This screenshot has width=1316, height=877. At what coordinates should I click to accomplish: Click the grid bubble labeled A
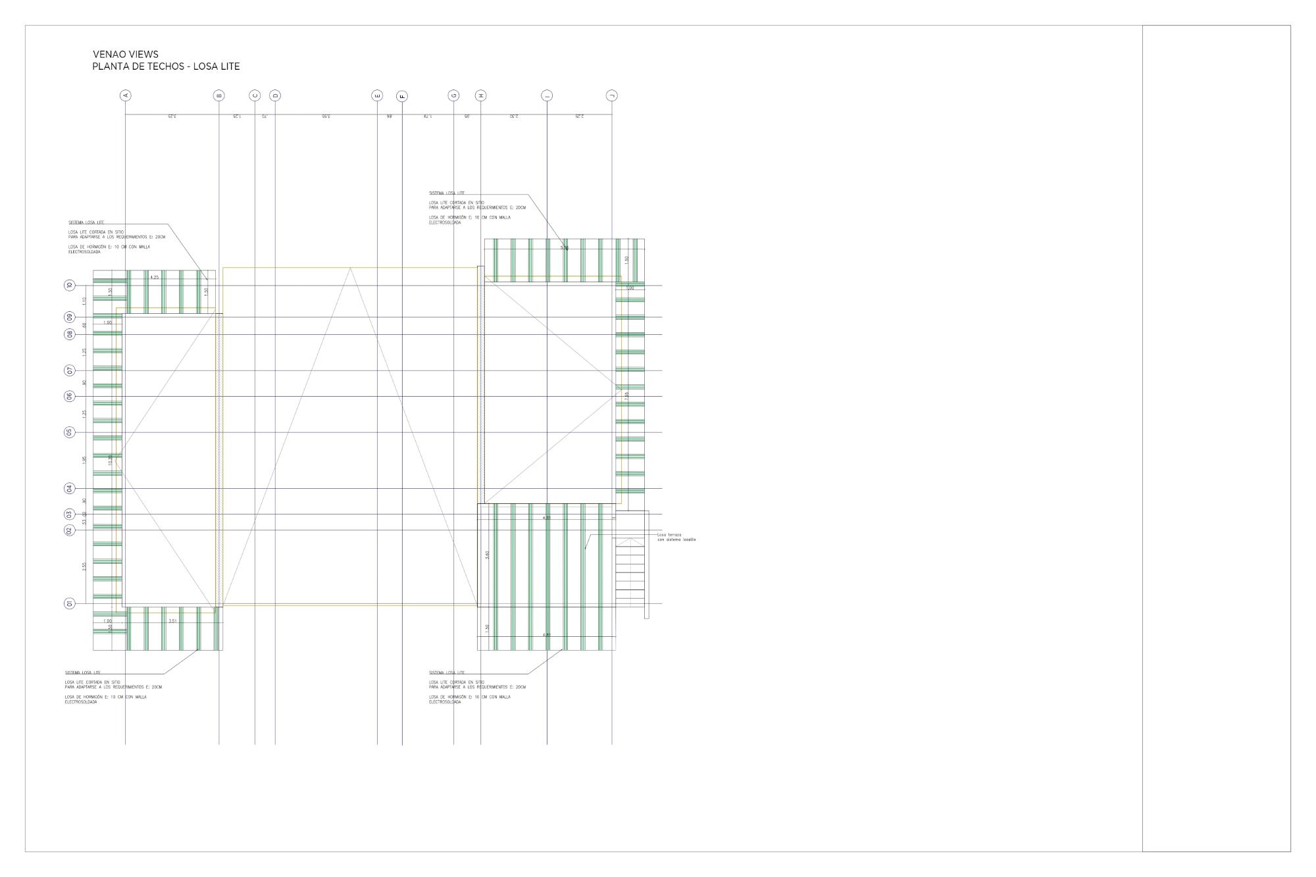pyautogui.click(x=125, y=95)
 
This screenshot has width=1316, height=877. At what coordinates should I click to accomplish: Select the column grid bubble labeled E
pyautogui.click(x=377, y=95)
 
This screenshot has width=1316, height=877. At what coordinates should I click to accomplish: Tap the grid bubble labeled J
pyautogui.click(x=612, y=95)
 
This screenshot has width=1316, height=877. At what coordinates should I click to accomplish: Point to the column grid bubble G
pyautogui.click(x=453, y=95)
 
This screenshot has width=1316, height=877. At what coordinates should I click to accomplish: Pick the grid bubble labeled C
pyautogui.click(x=255, y=95)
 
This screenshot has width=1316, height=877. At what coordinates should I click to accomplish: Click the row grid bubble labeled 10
pyautogui.click(x=70, y=286)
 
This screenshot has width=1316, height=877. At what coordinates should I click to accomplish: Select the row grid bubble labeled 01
pyautogui.click(x=70, y=603)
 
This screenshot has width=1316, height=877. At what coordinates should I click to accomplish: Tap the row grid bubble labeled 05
pyautogui.click(x=70, y=432)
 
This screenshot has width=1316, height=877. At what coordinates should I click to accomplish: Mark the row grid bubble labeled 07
pyautogui.click(x=70, y=370)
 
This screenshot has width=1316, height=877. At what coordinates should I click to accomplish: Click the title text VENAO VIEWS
pyautogui.click(x=126, y=55)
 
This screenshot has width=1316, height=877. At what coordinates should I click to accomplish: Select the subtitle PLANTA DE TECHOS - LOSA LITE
pyautogui.click(x=166, y=66)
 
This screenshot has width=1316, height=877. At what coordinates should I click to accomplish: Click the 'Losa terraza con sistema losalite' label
pyautogui.click(x=676, y=537)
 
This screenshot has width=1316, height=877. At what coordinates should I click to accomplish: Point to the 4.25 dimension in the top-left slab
pyautogui.click(x=155, y=278)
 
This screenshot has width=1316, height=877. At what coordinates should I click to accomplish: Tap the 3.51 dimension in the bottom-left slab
pyautogui.click(x=173, y=621)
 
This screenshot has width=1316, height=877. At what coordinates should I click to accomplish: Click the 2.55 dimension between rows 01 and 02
pyautogui.click(x=84, y=566)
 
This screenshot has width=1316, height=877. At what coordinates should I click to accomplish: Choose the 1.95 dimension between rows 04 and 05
pyautogui.click(x=84, y=460)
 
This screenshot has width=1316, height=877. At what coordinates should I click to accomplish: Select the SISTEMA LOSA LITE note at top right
pyautogui.click(x=447, y=193)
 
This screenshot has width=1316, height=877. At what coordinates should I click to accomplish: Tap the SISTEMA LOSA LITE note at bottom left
pyautogui.click(x=83, y=672)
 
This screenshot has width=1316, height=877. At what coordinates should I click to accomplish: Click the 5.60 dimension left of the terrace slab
pyautogui.click(x=487, y=555)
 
